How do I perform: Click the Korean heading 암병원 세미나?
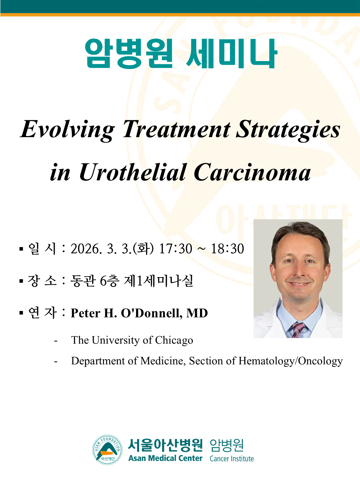181,54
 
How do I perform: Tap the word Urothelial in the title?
132,173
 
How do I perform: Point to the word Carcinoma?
252,173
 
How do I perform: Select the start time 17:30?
175,249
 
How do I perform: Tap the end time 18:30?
227,249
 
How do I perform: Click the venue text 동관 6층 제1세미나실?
132,281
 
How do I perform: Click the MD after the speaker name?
197,313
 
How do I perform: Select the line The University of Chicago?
132,340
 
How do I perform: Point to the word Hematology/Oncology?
290,361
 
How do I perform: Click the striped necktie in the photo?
298,330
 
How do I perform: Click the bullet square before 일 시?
21,249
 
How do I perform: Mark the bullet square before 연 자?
21,313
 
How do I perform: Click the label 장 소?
42,281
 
